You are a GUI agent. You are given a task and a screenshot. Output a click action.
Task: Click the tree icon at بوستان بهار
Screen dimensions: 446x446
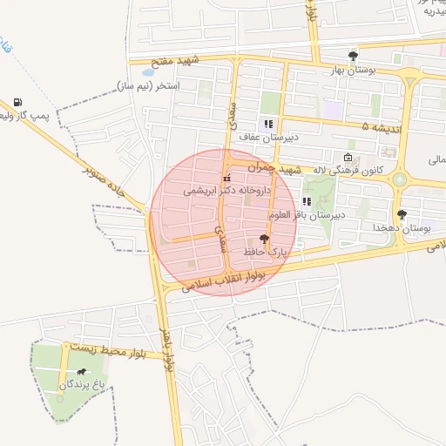(x=353, y=57)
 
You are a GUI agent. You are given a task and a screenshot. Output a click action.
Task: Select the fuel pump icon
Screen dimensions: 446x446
(x=17, y=103)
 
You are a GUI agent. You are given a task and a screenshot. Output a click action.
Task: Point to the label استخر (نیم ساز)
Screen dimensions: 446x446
(x=147, y=87)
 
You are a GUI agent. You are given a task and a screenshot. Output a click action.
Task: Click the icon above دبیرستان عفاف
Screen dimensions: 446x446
(x=268, y=124)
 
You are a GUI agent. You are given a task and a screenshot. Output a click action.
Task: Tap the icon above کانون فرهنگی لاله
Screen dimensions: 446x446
(x=348, y=158)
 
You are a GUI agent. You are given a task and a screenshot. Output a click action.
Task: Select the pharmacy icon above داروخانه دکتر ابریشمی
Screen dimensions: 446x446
(x=227, y=178)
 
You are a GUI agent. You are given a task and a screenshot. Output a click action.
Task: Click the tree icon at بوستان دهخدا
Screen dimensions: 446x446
(x=402, y=214)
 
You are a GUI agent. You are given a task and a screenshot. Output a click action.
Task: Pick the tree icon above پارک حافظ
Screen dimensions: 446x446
(x=264, y=238)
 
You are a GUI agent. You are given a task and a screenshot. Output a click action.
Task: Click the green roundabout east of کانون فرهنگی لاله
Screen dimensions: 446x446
(x=400, y=179)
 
